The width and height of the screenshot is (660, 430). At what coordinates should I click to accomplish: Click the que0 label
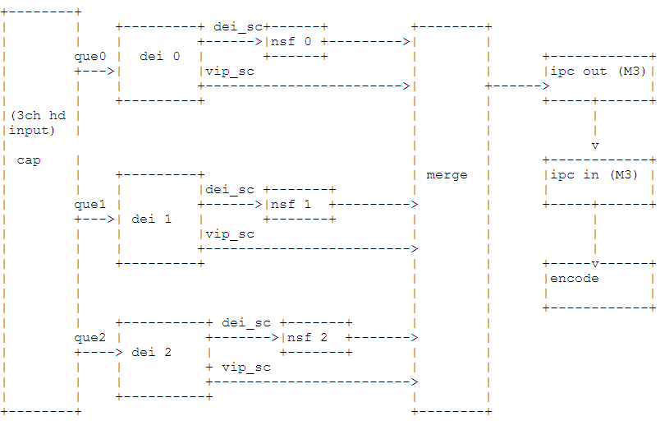point(90,56)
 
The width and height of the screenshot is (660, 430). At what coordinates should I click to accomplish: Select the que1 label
point(90,204)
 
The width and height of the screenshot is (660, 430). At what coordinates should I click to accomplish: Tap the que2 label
point(90,337)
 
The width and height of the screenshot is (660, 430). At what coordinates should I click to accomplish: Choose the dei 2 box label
point(152,352)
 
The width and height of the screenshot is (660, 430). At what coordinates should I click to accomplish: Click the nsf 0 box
point(296,41)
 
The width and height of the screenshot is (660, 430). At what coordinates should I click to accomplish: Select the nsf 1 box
point(300,204)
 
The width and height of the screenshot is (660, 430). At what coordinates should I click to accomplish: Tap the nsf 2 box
point(315,337)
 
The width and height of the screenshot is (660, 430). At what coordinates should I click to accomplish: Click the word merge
point(447,174)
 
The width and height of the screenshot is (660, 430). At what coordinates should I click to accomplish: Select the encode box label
point(574,278)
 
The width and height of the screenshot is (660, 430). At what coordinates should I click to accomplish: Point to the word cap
point(29,160)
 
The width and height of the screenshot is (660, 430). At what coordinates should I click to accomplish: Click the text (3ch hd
point(39,116)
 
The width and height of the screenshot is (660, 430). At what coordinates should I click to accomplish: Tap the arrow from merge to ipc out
point(511,86)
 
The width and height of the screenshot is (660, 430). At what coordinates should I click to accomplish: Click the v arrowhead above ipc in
point(595,146)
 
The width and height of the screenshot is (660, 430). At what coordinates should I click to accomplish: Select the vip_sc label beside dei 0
point(230,72)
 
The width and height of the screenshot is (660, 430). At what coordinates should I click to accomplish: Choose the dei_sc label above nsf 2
point(246,323)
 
